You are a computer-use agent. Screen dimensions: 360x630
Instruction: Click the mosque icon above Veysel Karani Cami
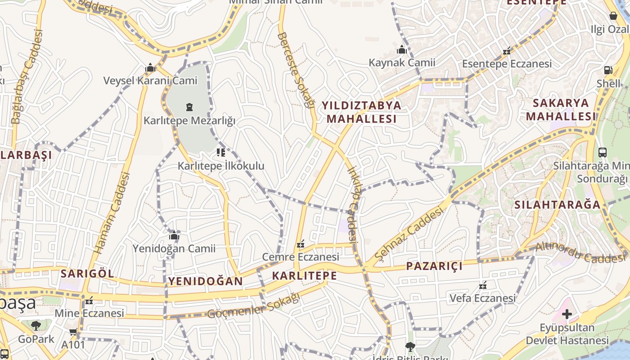[x=150, y=68]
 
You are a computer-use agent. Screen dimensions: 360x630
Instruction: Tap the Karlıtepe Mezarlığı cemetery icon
[x=189, y=107]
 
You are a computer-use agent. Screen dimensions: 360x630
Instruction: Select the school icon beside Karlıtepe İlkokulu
[x=220, y=153]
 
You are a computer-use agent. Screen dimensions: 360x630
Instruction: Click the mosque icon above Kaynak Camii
[x=402, y=49]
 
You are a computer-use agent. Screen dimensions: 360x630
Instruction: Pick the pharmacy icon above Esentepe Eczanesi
[x=507, y=50]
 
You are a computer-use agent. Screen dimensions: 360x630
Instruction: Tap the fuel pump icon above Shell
[x=608, y=70]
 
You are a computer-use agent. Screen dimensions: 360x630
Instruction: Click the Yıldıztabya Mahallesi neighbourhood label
[x=361, y=112]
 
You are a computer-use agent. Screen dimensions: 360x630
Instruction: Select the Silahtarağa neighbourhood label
[x=558, y=205]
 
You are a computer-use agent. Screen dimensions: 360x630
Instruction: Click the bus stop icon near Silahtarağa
[x=603, y=153]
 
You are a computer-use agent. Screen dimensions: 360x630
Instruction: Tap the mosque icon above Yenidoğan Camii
[x=174, y=235]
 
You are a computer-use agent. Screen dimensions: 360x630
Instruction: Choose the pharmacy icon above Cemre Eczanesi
[x=301, y=244]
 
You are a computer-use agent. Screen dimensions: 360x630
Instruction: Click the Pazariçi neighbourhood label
[x=434, y=266]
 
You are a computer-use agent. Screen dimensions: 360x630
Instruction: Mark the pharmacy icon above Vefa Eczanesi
[x=483, y=285]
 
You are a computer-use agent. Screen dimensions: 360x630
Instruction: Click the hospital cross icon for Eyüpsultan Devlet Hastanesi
[x=567, y=314]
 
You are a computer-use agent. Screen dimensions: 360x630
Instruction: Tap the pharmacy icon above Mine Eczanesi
[x=89, y=300]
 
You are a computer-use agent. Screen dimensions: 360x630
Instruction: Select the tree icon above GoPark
[x=36, y=325]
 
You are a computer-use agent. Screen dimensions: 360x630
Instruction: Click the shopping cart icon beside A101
[x=73, y=333]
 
